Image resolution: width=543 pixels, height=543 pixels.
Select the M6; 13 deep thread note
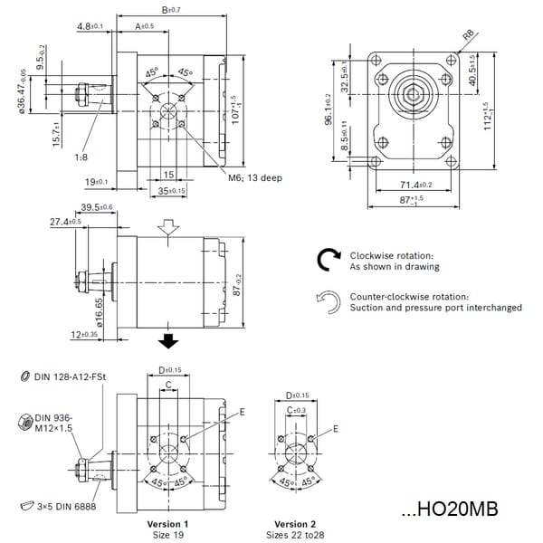[x=254, y=177]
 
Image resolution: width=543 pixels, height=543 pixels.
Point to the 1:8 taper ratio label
[x=81, y=157]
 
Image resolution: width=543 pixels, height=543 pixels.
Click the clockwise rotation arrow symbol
[x=327, y=261]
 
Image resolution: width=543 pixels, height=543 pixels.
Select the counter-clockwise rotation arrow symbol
[x=327, y=301]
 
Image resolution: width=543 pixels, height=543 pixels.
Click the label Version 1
[x=167, y=524]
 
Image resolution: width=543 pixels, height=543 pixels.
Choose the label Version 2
[x=296, y=524]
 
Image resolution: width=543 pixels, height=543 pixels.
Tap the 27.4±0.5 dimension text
[x=65, y=222]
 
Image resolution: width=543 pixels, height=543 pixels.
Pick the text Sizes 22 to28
[x=296, y=535]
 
